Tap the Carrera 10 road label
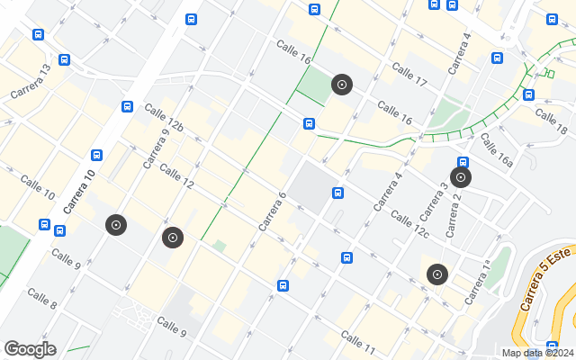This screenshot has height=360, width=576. (78, 191)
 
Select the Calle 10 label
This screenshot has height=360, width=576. (37, 188)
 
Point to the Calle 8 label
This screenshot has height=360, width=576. (42, 298)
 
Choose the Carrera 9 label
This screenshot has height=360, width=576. (156, 148)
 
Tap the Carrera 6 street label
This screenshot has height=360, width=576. (272, 211)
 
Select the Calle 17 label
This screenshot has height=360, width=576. (409, 76)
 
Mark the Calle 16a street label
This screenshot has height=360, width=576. (496, 149)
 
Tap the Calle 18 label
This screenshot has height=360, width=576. (550, 121)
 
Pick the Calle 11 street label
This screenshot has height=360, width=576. (358, 340)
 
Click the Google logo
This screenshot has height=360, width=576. (30, 349)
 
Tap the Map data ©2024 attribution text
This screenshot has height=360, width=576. (537, 354)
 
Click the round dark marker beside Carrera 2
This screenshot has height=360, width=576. (461, 177)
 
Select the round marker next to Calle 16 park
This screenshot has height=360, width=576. (341, 85)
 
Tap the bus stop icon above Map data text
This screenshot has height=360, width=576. (552, 345)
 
